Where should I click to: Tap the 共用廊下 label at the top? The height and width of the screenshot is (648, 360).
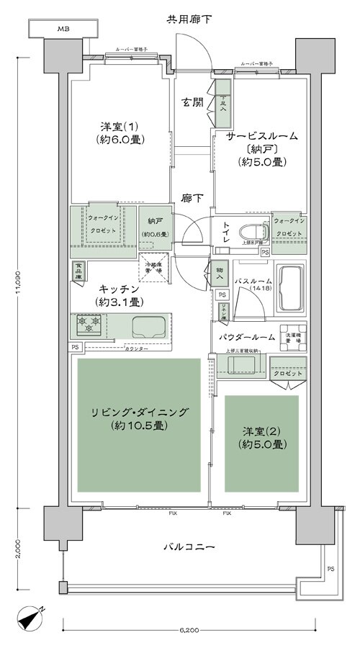[x=179, y=17]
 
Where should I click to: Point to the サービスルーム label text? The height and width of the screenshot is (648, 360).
[x=262, y=136]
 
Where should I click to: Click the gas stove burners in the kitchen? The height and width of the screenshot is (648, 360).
[x=88, y=327]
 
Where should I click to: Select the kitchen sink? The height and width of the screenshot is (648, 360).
[x=148, y=328]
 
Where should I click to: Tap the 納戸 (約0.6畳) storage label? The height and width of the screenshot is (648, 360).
[x=155, y=228]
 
